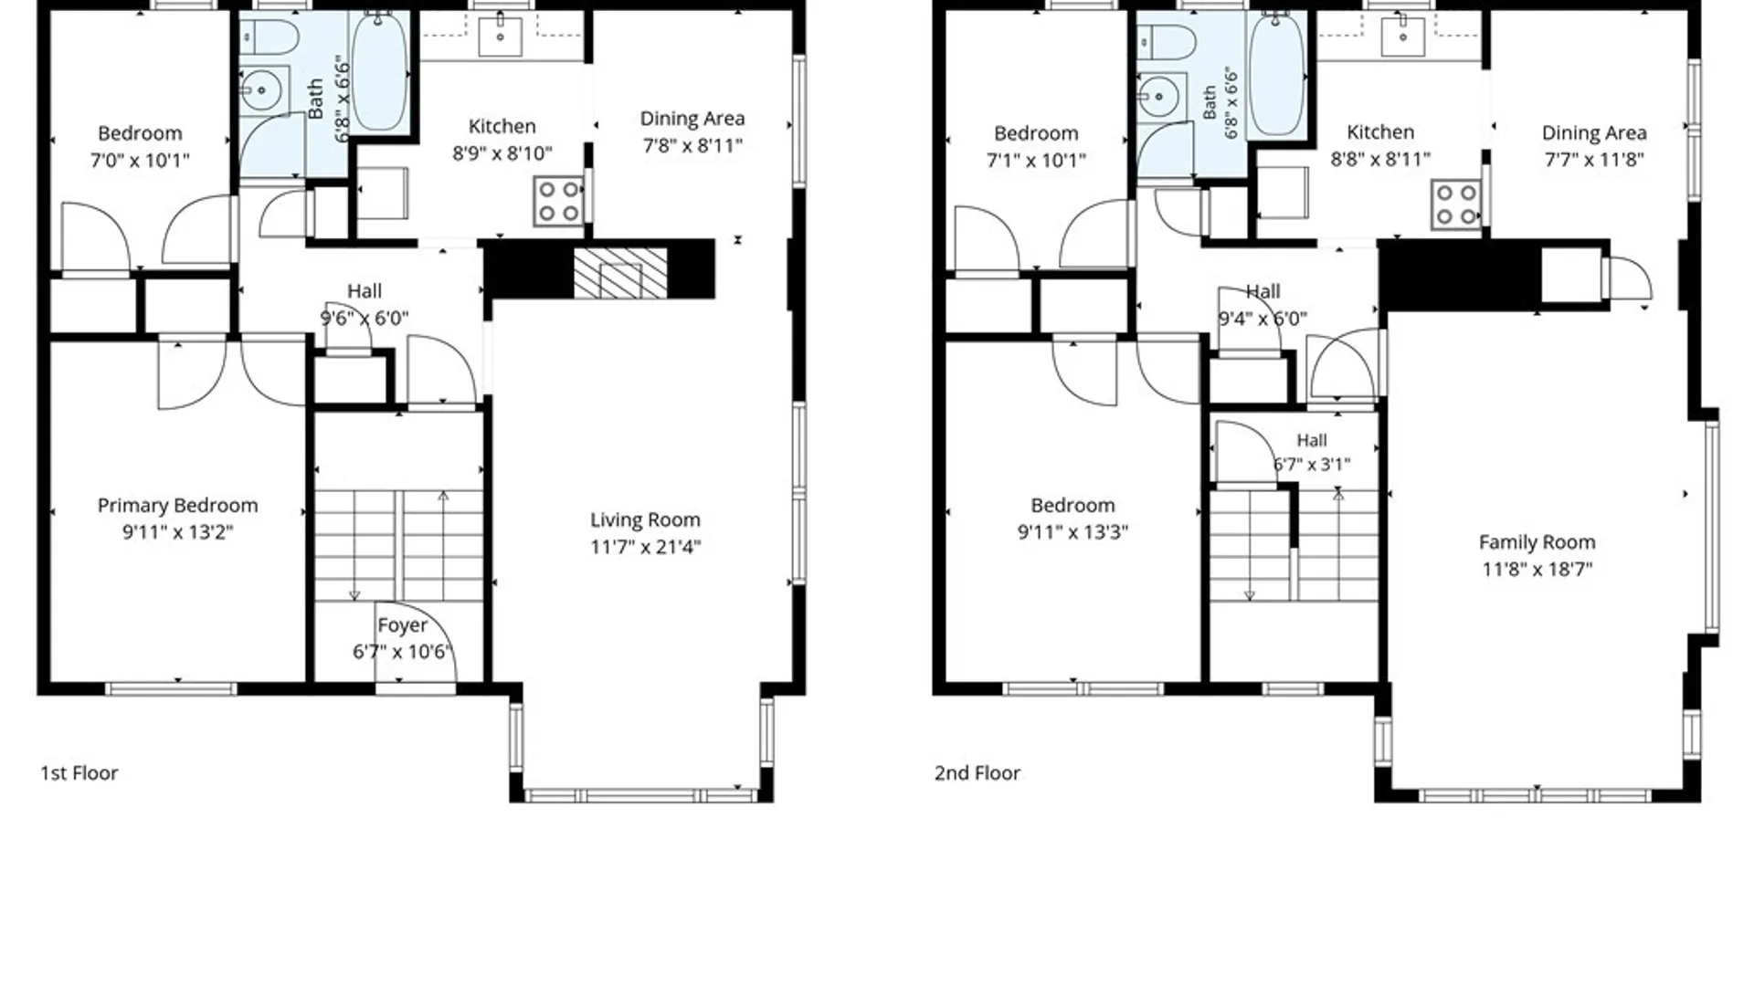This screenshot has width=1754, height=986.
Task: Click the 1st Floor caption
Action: pos(79,773)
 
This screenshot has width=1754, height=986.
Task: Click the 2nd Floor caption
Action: pos(977,773)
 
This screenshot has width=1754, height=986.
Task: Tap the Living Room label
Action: pos(645,519)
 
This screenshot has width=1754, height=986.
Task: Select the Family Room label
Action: pos(1537,542)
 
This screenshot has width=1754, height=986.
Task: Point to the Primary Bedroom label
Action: pos(177,506)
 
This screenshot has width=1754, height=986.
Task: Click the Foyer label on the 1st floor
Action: pos(402,625)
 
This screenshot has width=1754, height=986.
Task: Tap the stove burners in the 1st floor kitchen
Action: pos(558,201)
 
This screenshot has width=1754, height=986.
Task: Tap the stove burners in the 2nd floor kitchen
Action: pos(1456,205)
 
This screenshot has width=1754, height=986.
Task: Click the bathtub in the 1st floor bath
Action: pos(379,70)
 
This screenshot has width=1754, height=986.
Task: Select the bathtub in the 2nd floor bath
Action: pos(1276,73)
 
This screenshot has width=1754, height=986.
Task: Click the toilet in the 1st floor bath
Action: pos(269,38)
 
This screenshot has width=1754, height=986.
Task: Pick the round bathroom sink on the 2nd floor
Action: pos(1158,96)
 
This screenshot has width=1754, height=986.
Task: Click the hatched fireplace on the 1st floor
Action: pos(620,272)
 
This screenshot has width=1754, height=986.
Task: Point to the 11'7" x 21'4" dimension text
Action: pos(645,547)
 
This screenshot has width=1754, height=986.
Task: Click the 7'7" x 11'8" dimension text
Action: pos(1594,160)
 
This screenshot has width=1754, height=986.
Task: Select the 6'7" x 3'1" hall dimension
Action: pos(1312,465)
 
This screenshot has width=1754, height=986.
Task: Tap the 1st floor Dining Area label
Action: pos(692,119)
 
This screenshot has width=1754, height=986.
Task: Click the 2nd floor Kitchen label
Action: pos(1380,132)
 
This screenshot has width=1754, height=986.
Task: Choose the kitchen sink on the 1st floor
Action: pos(501,37)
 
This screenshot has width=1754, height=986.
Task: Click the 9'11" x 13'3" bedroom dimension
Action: pos(1072,532)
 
